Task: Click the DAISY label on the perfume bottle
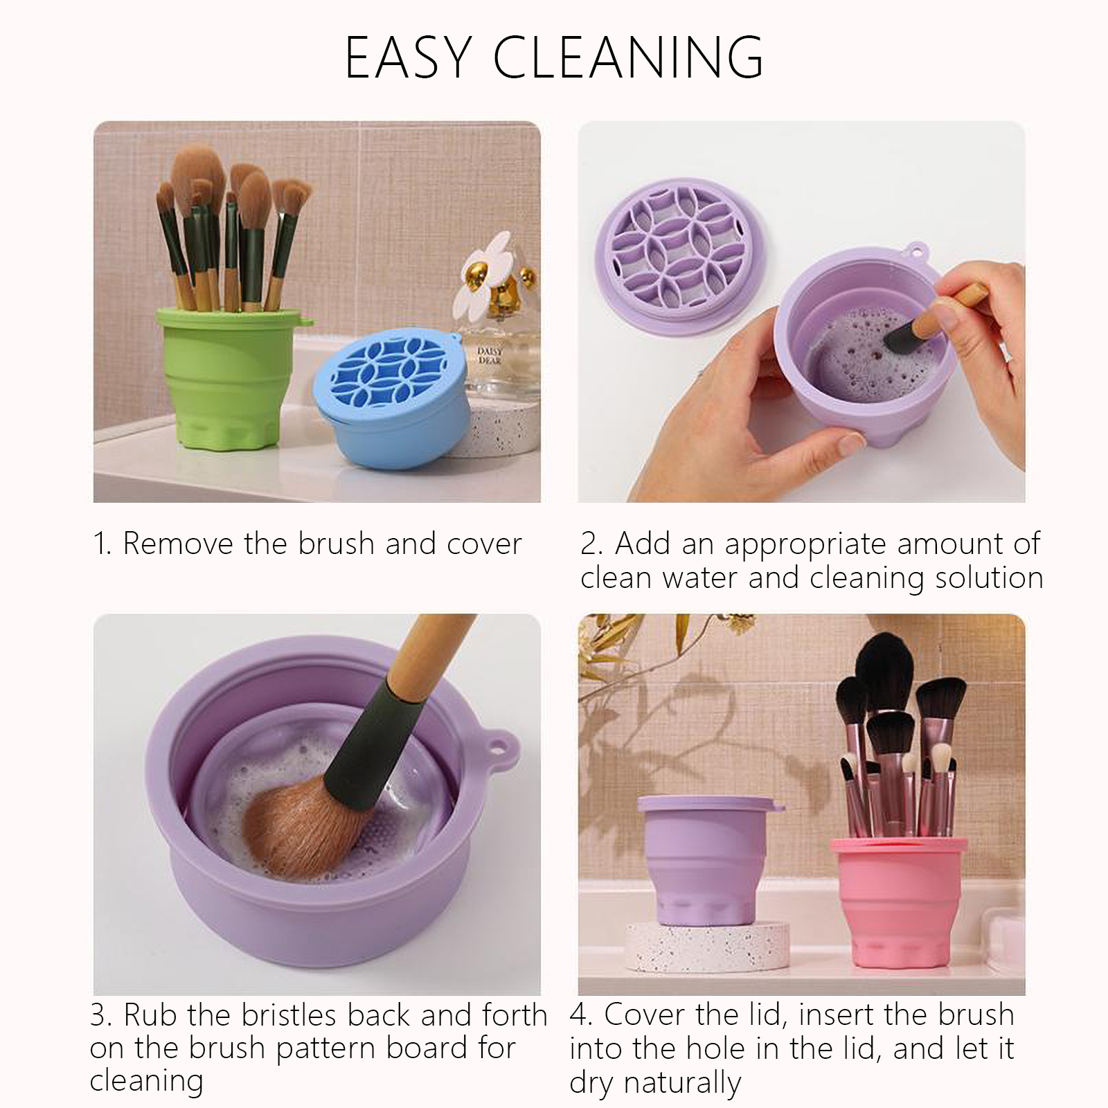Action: click(490, 352)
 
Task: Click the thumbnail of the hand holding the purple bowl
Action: click(801, 312)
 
